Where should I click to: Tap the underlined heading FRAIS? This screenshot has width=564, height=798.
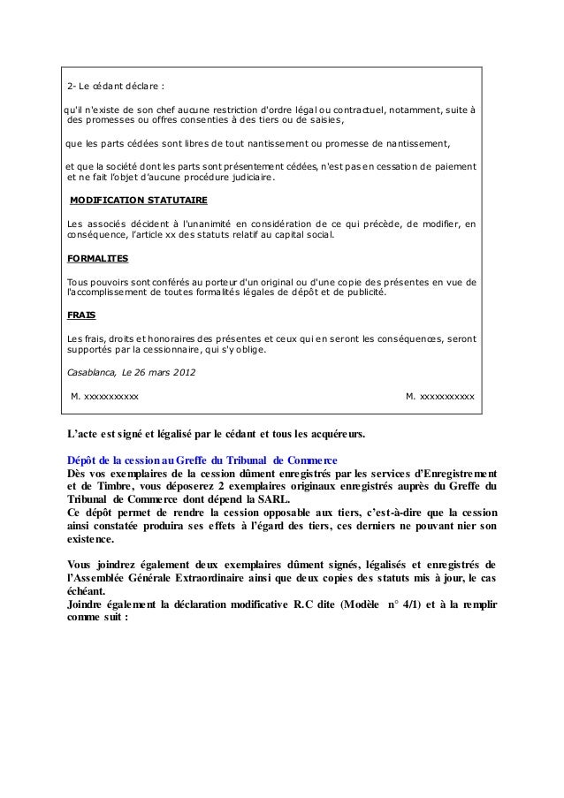pyautogui.click(x=81, y=315)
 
